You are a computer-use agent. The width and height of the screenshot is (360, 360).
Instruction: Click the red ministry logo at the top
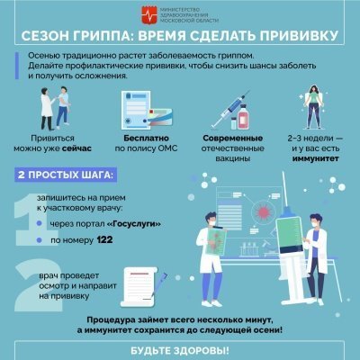click(x=149, y=15)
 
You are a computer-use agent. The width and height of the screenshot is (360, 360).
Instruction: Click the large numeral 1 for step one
click(x=27, y=216)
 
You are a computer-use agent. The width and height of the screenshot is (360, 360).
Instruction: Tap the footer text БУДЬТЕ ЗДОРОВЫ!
click(x=180, y=348)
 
